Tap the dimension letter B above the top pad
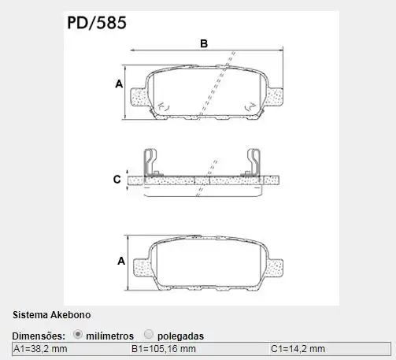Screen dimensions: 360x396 point(203,45)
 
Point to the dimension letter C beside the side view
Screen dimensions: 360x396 point(117,180)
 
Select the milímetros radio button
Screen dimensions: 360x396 point(78,334)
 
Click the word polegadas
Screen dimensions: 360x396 point(180,335)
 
